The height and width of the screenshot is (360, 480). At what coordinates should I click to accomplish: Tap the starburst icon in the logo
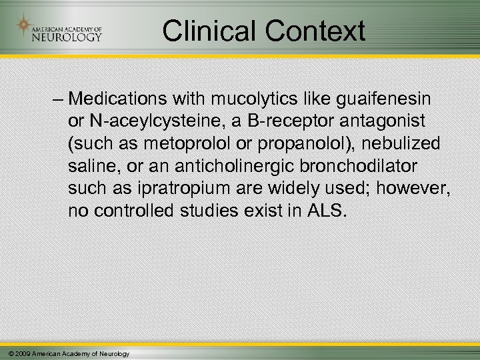[24, 27]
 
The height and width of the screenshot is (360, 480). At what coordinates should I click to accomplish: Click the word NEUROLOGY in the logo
[67, 36]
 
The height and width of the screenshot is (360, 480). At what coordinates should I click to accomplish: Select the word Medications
[113, 100]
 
